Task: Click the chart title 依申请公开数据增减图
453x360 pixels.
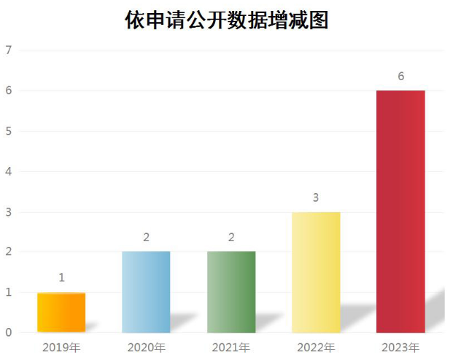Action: click(x=227, y=20)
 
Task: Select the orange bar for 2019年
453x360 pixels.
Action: click(x=61, y=313)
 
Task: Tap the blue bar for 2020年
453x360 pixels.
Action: click(x=146, y=292)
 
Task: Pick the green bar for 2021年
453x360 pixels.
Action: click(x=231, y=292)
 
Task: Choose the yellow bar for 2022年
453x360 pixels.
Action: click(x=316, y=272)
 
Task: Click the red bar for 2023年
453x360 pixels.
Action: click(x=400, y=211)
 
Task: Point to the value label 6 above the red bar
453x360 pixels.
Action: click(x=400, y=76)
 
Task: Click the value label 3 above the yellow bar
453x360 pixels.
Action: click(x=316, y=197)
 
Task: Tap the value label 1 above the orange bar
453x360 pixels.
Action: click(x=61, y=278)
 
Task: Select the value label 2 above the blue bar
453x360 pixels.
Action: click(x=146, y=238)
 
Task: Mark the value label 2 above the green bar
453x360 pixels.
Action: click(x=231, y=238)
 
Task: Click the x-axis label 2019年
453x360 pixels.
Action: click(x=61, y=348)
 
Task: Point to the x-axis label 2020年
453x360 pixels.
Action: click(x=146, y=348)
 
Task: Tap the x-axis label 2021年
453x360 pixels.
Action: click(x=231, y=348)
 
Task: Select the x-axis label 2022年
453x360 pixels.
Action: click(x=316, y=348)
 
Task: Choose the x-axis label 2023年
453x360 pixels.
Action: click(x=400, y=348)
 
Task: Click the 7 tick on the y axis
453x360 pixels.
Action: click(x=9, y=50)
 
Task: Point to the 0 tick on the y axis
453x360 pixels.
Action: click(x=9, y=333)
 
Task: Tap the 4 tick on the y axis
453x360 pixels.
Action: click(x=9, y=171)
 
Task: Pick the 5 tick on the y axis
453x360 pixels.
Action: click(x=9, y=131)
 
